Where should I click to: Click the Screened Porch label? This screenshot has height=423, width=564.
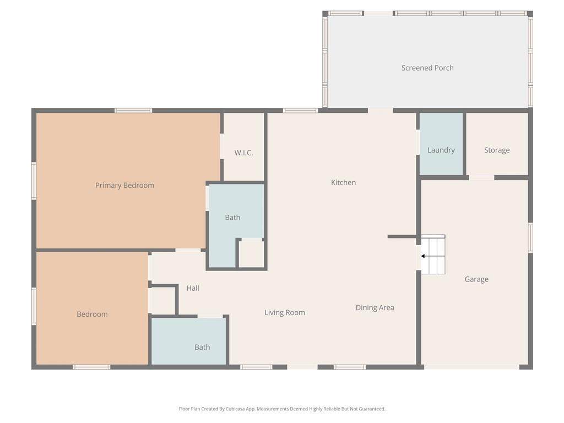[x=427, y=68]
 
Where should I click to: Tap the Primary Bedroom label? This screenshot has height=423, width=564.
[x=124, y=185]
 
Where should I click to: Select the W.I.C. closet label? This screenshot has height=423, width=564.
[x=243, y=153]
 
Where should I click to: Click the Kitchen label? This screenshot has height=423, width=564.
[x=343, y=182]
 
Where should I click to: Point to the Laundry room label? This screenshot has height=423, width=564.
[x=441, y=150]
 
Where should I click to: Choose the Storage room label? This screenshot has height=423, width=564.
[x=497, y=150]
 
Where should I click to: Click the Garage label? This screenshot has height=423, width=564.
[x=476, y=279]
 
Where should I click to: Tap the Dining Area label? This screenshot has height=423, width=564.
[x=375, y=307]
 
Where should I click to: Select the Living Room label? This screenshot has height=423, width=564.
[x=285, y=313]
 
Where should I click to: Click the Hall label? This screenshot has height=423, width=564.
[x=192, y=288]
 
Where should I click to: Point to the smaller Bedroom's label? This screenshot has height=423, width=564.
[x=92, y=314]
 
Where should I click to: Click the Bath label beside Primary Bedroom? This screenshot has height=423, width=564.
[x=232, y=217]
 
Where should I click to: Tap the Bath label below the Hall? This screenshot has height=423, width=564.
[x=202, y=347]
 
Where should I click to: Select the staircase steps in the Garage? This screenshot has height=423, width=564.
[x=433, y=254]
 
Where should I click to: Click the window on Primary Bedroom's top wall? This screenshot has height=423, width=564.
[x=133, y=110]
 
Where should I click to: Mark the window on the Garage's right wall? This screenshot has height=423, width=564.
[x=530, y=237]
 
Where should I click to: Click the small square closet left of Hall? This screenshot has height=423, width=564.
[x=161, y=301]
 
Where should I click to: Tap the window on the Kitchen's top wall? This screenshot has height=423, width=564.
[x=300, y=110]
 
